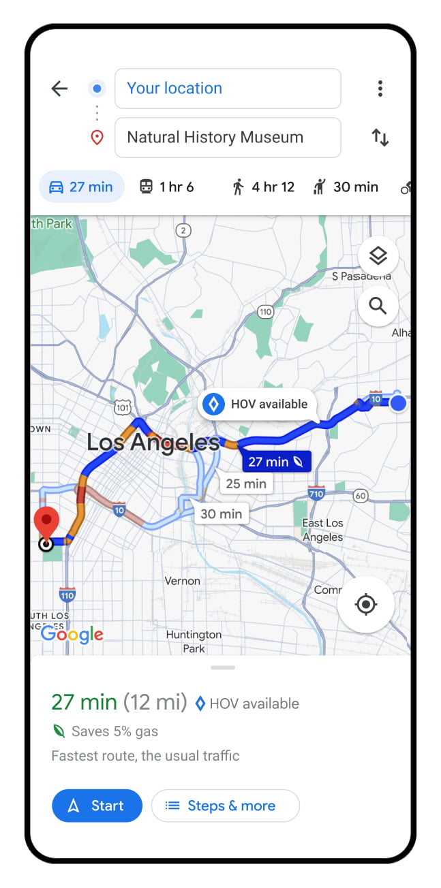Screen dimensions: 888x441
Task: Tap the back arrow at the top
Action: [x=60, y=89]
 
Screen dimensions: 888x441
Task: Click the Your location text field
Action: [x=227, y=89]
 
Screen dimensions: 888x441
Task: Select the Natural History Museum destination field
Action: [x=227, y=138]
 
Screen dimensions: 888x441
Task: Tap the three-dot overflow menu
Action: [x=380, y=89]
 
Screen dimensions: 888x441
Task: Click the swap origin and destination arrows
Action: [x=380, y=138]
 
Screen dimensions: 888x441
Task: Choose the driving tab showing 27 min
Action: [x=82, y=187]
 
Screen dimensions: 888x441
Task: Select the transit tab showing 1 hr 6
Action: [x=167, y=187]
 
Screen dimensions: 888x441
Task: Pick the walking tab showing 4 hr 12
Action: [x=263, y=187]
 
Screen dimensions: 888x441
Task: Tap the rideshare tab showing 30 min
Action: [x=346, y=187]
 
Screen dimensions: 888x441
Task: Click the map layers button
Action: [x=378, y=256]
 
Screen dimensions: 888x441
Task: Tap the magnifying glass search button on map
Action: [x=378, y=306]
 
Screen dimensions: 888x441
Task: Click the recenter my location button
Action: [x=366, y=604]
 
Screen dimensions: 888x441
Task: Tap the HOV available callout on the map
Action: [x=258, y=405]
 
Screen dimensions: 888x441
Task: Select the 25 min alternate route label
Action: [x=246, y=483]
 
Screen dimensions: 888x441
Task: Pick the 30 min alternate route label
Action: [x=221, y=513]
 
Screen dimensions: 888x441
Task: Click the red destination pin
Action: [x=46, y=523]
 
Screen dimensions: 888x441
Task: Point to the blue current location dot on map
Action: [x=398, y=404]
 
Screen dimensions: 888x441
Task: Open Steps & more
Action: [x=225, y=806]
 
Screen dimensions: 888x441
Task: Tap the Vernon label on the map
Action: [x=183, y=582]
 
